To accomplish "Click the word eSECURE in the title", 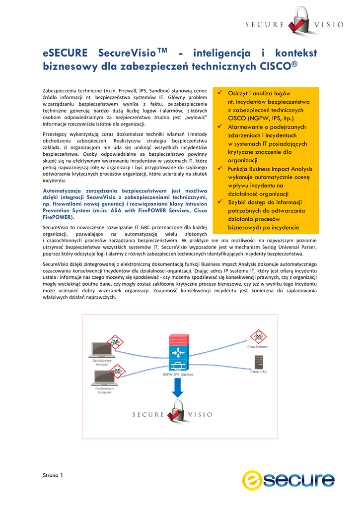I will pos(65,53).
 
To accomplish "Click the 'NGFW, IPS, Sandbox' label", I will pos(177,375).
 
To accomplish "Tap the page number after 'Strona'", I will pos(62,475).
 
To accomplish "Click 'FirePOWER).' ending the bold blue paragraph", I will pos(58,217).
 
